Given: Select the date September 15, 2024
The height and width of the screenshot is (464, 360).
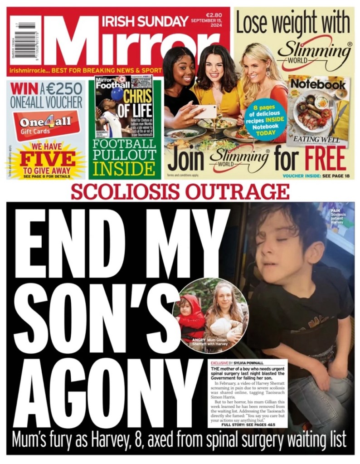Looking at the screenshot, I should coord(209,24).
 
